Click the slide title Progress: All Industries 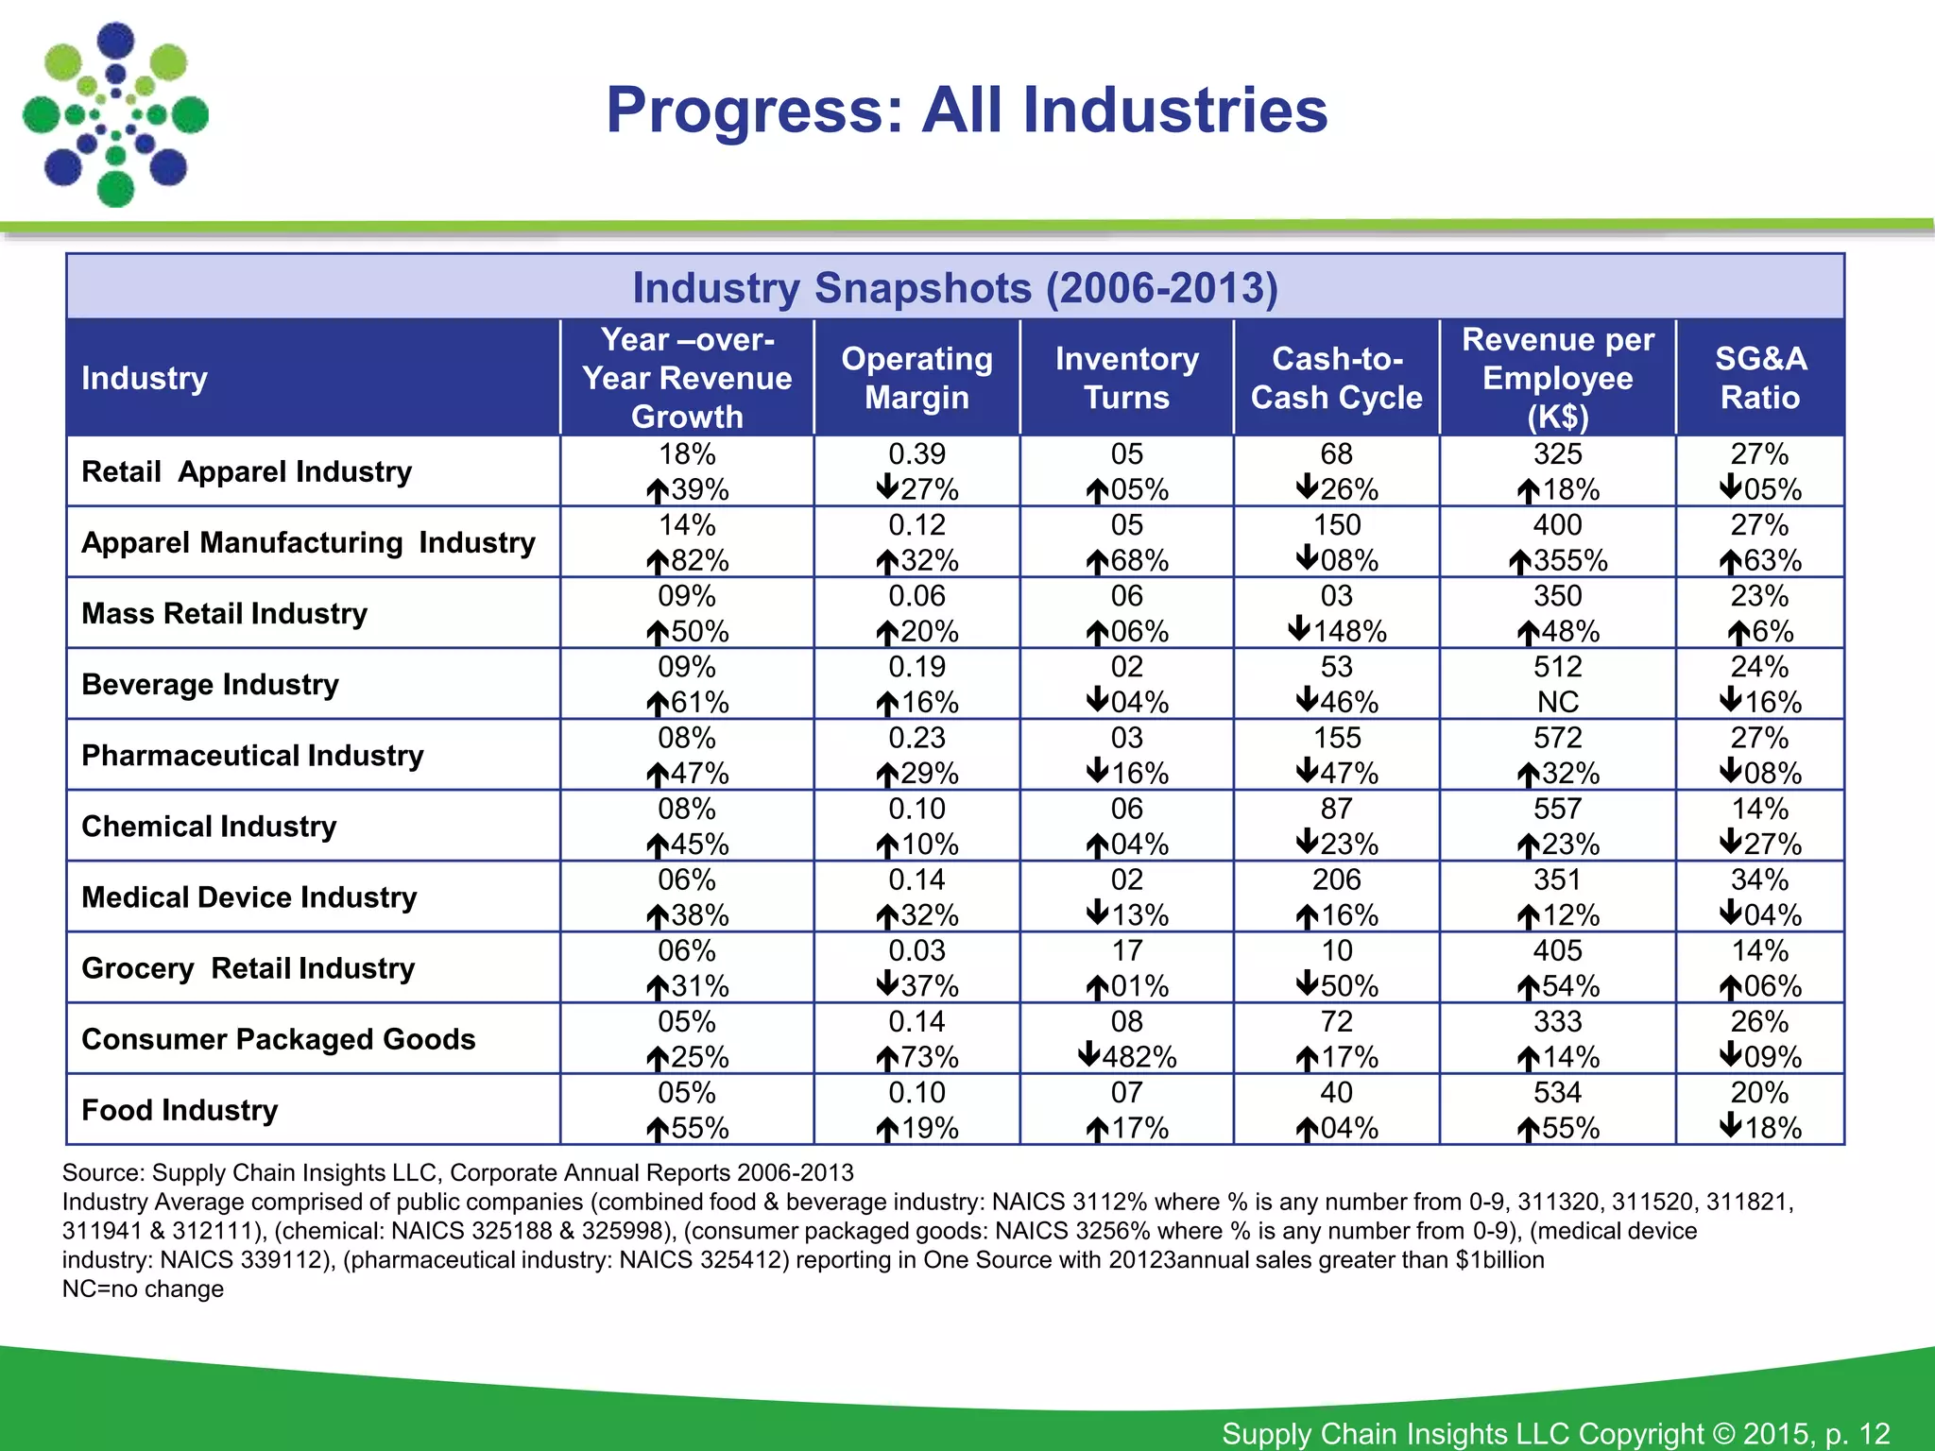[x=967, y=111]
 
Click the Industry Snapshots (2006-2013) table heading [x=954, y=288]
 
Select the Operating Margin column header [x=916, y=378]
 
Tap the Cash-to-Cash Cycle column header [x=1336, y=378]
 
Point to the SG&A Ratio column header [x=1759, y=378]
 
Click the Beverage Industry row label [x=210, y=684]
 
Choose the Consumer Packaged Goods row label [x=278, y=1039]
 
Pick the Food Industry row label [x=180, y=1110]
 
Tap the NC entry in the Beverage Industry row [x=1557, y=702]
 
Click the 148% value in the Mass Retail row [x=1348, y=631]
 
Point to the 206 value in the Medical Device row [x=1336, y=879]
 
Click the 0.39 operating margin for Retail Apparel [x=916, y=454]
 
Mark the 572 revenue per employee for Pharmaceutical [x=1557, y=738]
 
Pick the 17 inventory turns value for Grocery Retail [x=1126, y=950]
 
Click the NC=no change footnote [x=143, y=1289]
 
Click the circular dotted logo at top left [x=115, y=114]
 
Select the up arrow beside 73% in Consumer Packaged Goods [x=886, y=1059]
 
